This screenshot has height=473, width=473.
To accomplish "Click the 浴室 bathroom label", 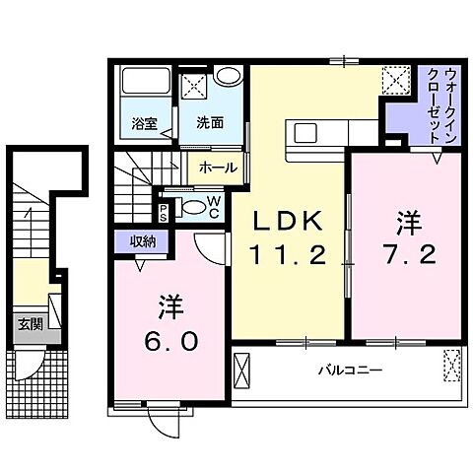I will tap(145, 124).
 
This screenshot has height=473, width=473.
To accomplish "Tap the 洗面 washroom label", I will tap(209, 124).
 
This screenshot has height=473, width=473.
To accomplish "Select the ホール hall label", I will tap(217, 168).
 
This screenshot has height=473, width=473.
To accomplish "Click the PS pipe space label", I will tap(164, 212).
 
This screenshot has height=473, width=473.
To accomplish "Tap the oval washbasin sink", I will tap(228, 76).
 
